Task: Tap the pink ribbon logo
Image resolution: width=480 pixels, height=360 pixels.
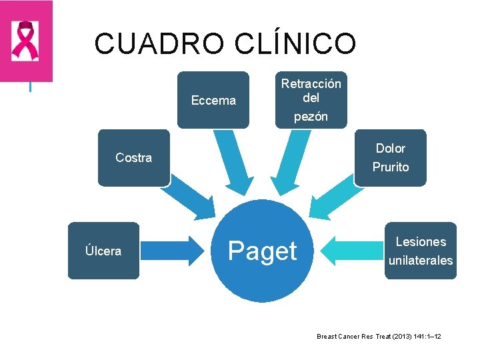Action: tap(26, 41)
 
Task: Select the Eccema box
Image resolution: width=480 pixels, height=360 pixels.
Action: tap(213, 100)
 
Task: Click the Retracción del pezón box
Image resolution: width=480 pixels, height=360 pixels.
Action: tap(311, 99)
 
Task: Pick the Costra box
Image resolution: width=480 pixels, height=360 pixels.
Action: tap(133, 158)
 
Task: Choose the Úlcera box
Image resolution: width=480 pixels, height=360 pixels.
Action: tap(103, 251)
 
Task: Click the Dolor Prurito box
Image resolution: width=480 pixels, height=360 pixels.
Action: tap(391, 157)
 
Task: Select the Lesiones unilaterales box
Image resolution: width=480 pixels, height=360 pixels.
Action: tap(421, 251)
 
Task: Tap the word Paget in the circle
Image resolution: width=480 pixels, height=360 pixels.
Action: tap(262, 251)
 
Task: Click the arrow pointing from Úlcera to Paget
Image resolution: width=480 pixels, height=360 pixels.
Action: tap(175, 251)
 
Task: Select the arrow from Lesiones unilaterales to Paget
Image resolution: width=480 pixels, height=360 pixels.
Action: tap(351, 251)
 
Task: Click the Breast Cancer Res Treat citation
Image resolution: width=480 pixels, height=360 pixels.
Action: tap(379, 337)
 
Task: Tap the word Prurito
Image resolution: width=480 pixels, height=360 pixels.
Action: tap(391, 167)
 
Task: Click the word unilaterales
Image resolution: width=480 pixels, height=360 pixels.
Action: tap(421, 261)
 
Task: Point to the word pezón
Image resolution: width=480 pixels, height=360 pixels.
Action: tap(311, 117)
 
